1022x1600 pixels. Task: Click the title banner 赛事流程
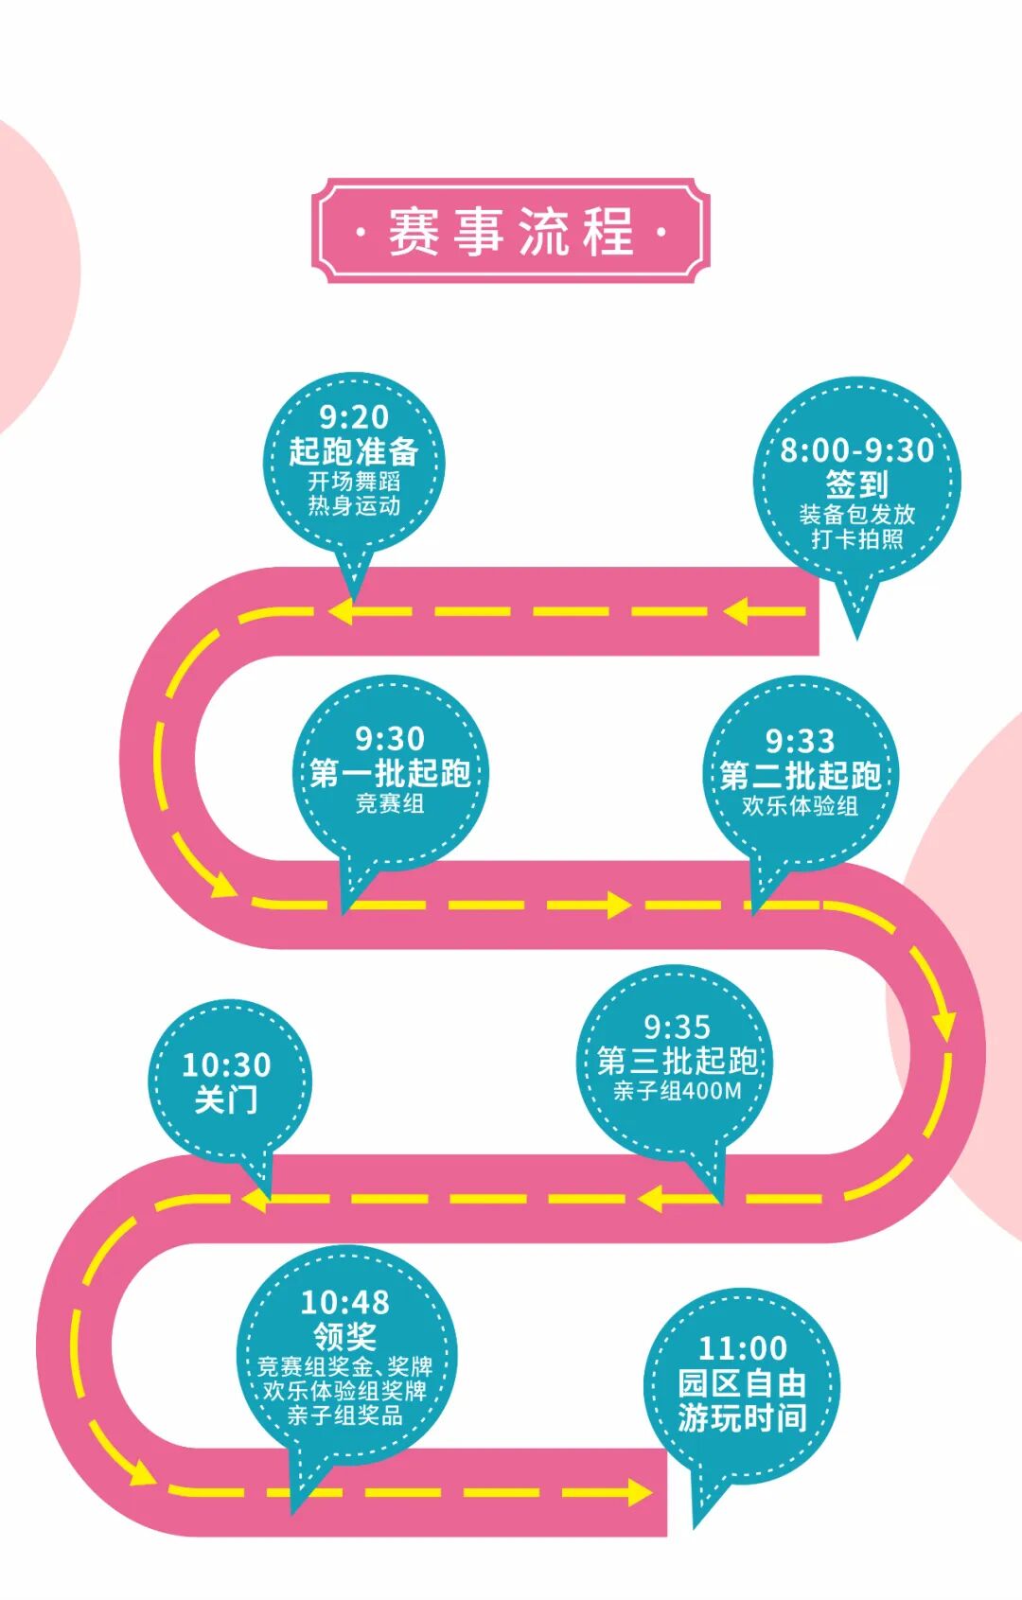pyautogui.click(x=511, y=230)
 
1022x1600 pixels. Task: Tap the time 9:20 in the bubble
pyautogui.click(x=354, y=416)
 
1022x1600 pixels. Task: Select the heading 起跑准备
pyautogui.click(x=354, y=450)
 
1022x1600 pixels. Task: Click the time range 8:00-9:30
pyautogui.click(x=856, y=450)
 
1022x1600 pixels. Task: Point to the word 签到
pyautogui.click(x=856, y=484)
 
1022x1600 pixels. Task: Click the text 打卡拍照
pyautogui.click(x=856, y=539)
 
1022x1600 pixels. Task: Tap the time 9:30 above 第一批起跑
pyautogui.click(x=390, y=738)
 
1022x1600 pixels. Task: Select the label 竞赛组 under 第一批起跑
pyautogui.click(x=390, y=803)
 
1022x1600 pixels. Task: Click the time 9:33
pyautogui.click(x=800, y=741)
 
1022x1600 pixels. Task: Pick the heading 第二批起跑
pyautogui.click(x=800, y=775)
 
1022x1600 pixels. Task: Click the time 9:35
pyautogui.click(x=677, y=1027)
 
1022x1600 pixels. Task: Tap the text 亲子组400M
pyautogui.click(x=677, y=1091)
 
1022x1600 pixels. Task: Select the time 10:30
pyautogui.click(x=226, y=1065)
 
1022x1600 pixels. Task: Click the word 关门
pyautogui.click(x=226, y=1099)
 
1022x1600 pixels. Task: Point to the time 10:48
pyautogui.click(x=344, y=1303)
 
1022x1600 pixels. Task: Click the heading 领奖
pyautogui.click(x=344, y=1336)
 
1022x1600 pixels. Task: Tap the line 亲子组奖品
pyautogui.click(x=344, y=1415)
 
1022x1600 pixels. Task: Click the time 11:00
pyautogui.click(x=742, y=1348)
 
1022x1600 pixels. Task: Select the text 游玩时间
pyautogui.click(x=742, y=1417)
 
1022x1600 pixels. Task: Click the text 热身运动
pyautogui.click(x=354, y=506)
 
